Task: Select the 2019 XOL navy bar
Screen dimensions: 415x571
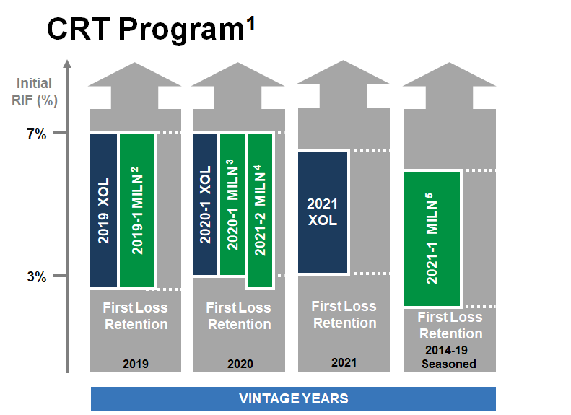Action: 103,211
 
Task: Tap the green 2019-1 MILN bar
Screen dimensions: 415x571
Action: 137,211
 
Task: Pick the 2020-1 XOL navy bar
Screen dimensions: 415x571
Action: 206,204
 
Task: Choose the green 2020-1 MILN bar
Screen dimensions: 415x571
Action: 232,204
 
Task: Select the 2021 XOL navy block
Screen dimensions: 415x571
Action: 323,212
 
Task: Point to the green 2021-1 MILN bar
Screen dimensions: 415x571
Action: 432,239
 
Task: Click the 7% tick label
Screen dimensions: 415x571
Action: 37,134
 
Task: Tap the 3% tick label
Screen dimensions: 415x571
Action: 37,276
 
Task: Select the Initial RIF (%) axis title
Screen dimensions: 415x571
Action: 35,92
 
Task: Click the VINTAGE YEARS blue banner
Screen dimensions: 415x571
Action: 293,398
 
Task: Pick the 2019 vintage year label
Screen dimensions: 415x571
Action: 136,363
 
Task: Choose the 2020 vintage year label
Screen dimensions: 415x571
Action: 240,363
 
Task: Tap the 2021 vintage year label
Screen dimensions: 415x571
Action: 344,361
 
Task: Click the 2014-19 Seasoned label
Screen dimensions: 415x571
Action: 449,357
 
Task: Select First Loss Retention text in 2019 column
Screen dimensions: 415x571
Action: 136,316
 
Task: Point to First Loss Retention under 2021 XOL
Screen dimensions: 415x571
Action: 344,315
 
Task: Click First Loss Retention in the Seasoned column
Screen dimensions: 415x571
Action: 450,326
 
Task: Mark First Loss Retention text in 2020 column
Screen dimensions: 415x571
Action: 240,316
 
